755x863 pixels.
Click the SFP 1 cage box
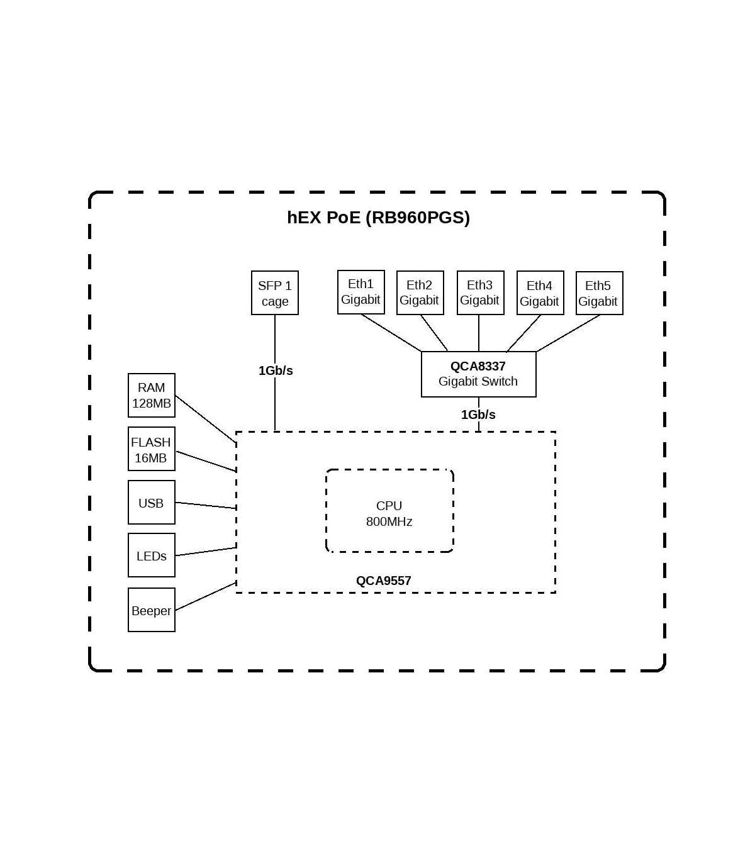tap(274, 293)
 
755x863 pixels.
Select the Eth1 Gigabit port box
tap(361, 292)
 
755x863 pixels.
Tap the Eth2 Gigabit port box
tap(420, 292)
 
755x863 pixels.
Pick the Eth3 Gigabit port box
tap(480, 292)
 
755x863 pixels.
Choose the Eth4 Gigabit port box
tap(540, 293)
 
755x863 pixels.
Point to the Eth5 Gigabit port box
tap(599, 293)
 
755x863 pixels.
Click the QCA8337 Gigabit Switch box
tap(478, 374)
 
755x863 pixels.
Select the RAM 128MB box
tap(151, 396)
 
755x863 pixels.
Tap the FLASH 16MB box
tap(151, 449)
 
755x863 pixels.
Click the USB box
tap(151, 503)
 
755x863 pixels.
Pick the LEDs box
tap(151, 555)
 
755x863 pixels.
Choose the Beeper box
tap(151, 610)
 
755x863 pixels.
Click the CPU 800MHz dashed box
tap(389, 511)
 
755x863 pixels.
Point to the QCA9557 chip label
tap(383, 581)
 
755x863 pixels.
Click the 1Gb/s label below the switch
tap(478, 415)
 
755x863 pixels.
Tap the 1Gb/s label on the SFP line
tap(276, 370)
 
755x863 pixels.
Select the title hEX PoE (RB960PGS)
tap(378, 217)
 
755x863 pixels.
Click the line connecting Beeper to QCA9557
tap(206, 596)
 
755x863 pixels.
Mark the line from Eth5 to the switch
tap(568, 333)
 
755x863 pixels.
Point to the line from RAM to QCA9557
tap(206, 418)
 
